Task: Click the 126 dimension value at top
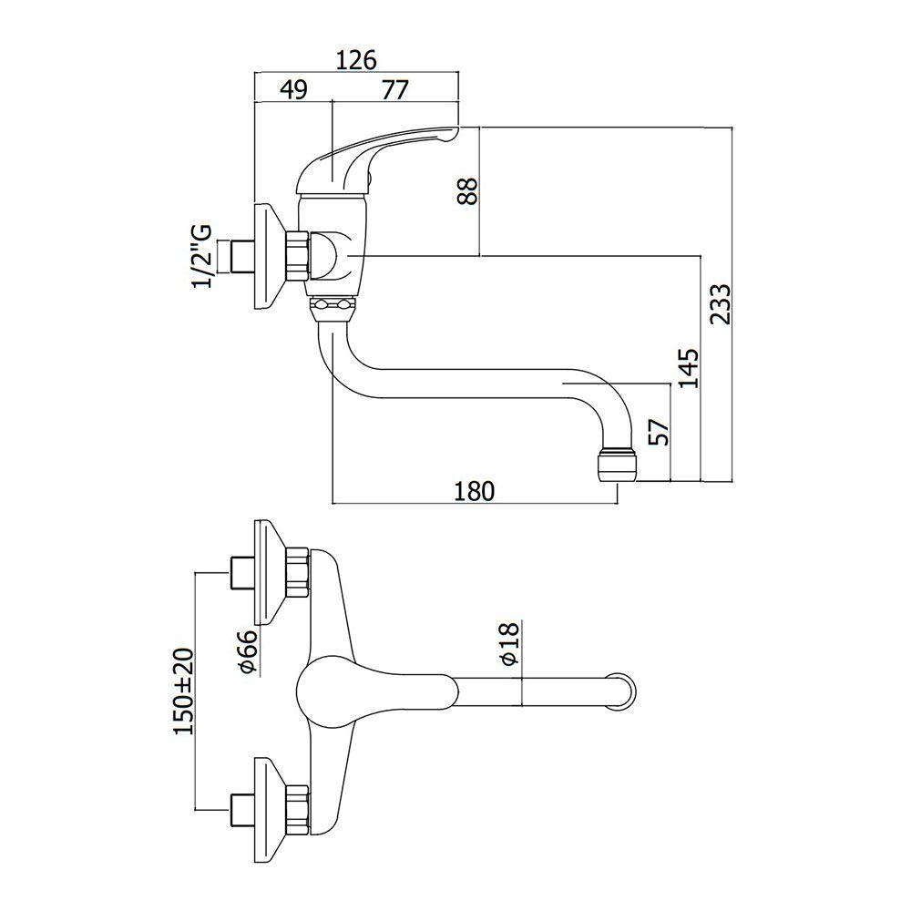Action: click(x=356, y=60)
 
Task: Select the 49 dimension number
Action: click(x=293, y=90)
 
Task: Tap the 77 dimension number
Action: click(x=395, y=90)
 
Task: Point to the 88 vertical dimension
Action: click(x=467, y=190)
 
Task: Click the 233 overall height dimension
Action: click(x=721, y=304)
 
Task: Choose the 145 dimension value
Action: click(x=689, y=368)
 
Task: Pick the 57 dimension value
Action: click(x=659, y=431)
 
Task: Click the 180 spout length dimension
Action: click(x=474, y=491)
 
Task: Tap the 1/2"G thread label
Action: click(x=201, y=255)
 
